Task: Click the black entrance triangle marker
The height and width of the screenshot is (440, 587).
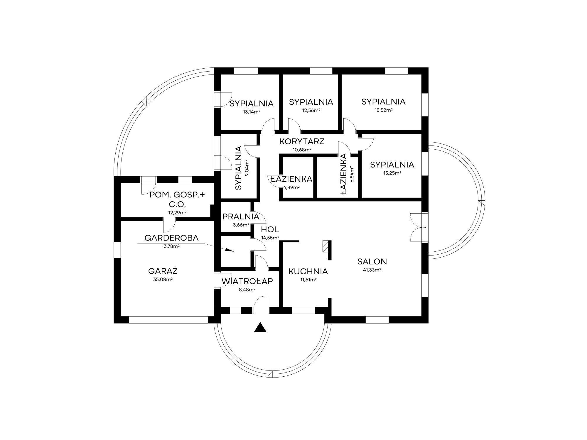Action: pyautogui.click(x=260, y=327)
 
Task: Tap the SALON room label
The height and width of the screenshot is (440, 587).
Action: pyautogui.click(x=372, y=261)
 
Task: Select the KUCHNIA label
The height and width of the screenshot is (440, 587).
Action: pyautogui.click(x=308, y=271)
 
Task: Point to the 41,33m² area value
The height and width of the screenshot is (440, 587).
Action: pyautogui.click(x=372, y=270)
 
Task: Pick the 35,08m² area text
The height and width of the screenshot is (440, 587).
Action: pyautogui.click(x=163, y=279)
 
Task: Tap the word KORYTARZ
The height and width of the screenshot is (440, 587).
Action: pyautogui.click(x=302, y=141)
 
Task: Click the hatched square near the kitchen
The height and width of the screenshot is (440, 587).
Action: pyautogui.click(x=325, y=246)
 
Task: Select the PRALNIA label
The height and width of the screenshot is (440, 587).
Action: pyautogui.click(x=241, y=216)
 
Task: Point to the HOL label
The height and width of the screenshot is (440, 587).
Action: pyautogui.click(x=270, y=229)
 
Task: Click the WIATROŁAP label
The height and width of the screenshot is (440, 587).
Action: pyautogui.click(x=247, y=281)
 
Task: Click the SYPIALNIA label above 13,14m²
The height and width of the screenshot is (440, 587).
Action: pyautogui.click(x=252, y=104)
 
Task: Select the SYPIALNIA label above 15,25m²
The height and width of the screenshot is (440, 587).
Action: pyautogui.click(x=392, y=165)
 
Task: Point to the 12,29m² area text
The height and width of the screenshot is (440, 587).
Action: pyautogui.click(x=177, y=212)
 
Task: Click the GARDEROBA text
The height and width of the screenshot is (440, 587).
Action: pyautogui.click(x=172, y=238)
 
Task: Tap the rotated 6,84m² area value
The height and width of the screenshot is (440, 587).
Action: pyautogui.click(x=351, y=174)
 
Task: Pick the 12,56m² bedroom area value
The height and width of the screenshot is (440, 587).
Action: pyautogui.click(x=311, y=110)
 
